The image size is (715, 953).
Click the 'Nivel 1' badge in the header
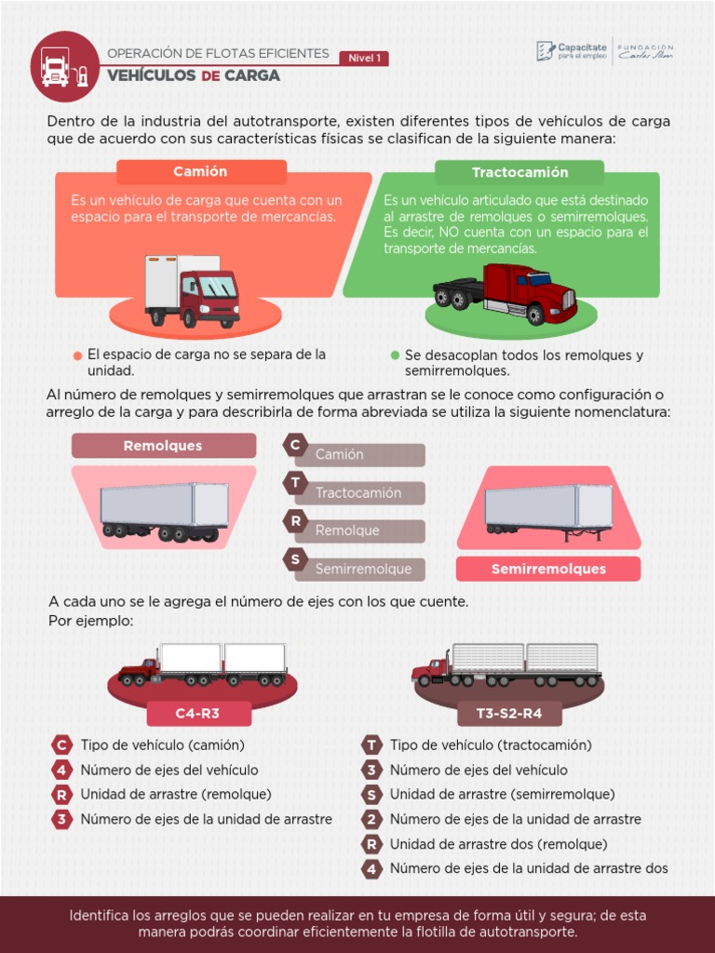click(364, 58)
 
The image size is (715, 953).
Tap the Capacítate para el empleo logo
click(573, 50)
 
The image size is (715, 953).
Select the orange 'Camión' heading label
click(200, 172)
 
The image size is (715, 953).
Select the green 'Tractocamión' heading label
click(519, 172)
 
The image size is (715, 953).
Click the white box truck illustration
click(192, 290)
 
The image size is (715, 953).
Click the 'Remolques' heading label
click(163, 446)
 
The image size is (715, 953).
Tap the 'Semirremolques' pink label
click(548, 569)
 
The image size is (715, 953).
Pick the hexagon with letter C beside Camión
click(296, 445)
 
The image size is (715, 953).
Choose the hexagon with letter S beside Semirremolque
click(296, 559)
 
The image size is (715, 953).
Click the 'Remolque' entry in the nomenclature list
click(347, 530)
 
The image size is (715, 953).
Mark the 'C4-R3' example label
click(198, 714)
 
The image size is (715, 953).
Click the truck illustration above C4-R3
click(203, 664)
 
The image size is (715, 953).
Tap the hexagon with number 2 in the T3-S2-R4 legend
click(372, 820)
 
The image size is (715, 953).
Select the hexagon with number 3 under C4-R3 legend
click(62, 820)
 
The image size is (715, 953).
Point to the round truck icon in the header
click(64, 67)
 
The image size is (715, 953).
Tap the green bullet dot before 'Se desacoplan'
click(395, 356)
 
